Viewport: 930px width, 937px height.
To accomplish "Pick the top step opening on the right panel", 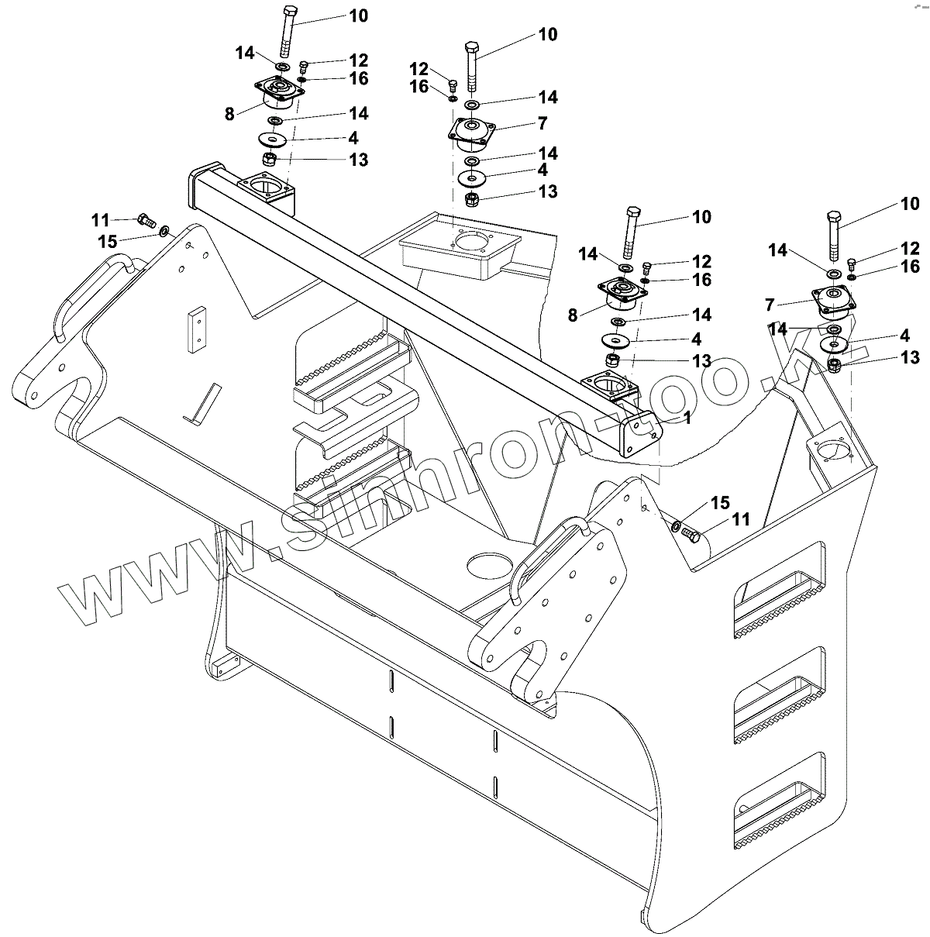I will pyautogui.click(x=777, y=593).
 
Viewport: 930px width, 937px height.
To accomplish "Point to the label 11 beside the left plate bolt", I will pyautogui.click(x=101, y=219).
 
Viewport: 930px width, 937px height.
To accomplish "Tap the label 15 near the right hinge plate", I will pyautogui.click(x=719, y=504).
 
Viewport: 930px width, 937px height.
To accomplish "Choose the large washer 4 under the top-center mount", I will pyautogui.click(x=472, y=177).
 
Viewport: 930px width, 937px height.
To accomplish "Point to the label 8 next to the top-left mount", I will pyautogui.click(x=229, y=114).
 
